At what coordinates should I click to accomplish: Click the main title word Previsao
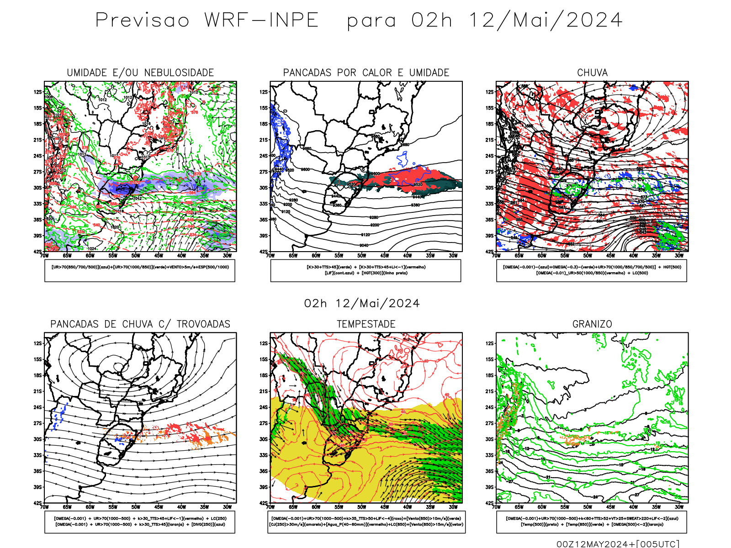tap(142, 21)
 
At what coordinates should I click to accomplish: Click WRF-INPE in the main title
tap(261, 21)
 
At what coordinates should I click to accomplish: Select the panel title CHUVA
tap(592, 73)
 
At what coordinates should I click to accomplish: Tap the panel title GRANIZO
tap(592, 324)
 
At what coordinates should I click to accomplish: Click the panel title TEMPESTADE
tap(366, 324)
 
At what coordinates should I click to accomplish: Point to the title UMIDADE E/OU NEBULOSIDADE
tap(140, 73)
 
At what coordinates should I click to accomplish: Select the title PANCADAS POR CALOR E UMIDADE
tap(366, 73)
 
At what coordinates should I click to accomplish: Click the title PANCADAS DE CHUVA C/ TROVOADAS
tap(140, 324)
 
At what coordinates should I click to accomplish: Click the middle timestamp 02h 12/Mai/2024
tap(362, 304)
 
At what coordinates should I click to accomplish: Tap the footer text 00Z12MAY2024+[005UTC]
tap(618, 544)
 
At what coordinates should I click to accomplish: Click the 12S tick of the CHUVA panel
tap(490, 92)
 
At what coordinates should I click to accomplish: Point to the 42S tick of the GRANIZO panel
tap(490, 503)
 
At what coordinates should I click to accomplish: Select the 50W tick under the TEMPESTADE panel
tap(361, 507)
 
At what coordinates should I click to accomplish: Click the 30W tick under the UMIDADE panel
tap(227, 256)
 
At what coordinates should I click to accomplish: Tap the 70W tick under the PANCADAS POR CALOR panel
tap(270, 256)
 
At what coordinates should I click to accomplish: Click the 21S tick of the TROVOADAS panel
tap(37, 391)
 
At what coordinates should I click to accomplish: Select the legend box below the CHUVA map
tap(592, 270)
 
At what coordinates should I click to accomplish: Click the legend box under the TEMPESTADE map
tap(366, 522)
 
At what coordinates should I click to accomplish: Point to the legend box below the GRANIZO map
tap(592, 522)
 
